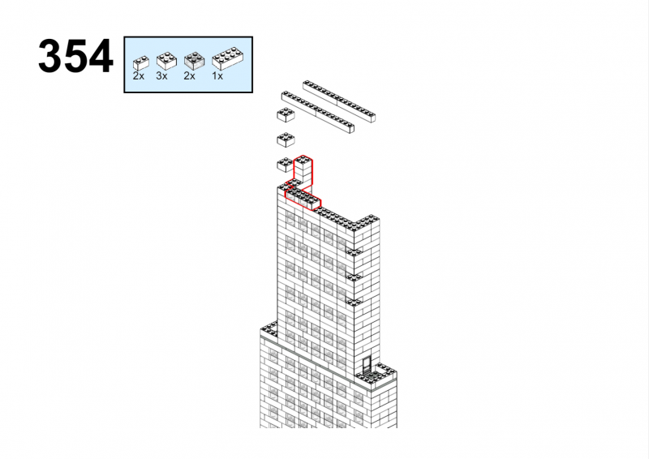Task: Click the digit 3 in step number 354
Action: pyautogui.click(x=50, y=56)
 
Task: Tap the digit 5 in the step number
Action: pyautogui.click(x=75, y=56)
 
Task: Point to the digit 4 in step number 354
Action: pyautogui.click(x=100, y=56)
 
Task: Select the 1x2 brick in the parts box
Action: pyautogui.click(x=140, y=62)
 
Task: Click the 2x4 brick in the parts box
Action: pyautogui.click(x=227, y=58)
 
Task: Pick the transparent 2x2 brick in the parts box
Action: pyautogui.click(x=194, y=61)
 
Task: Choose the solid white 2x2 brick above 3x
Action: pyautogui.click(x=166, y=61)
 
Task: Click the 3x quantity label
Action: pyautogui.click(x=161, y=76)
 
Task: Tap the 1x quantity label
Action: pyautogui.click(x=217, y=76)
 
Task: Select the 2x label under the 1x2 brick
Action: pyautogui.click(x=138, y=76)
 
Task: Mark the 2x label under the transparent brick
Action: pyautogui.click(x=189, y=76)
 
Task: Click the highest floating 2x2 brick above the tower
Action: pyautogui.click(x=286, y=115)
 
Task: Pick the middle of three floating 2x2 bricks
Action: pyautogui.click(x=286, y=140)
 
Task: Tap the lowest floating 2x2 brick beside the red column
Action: pyautogui.click(x=285, y=165)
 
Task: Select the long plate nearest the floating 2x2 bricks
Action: pyautogui.click(x=318, y=112)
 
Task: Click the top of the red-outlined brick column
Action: pyautogui.click(x=303, y=160)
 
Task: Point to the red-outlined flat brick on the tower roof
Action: pyautogui.click(x=303, y=197)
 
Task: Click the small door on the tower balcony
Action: pyautogui.click(x=367, y=365)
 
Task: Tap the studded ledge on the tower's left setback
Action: pyautogui.click(x=269, y=328)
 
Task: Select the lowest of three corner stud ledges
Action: pyautogui.click(x=354, y=301)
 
